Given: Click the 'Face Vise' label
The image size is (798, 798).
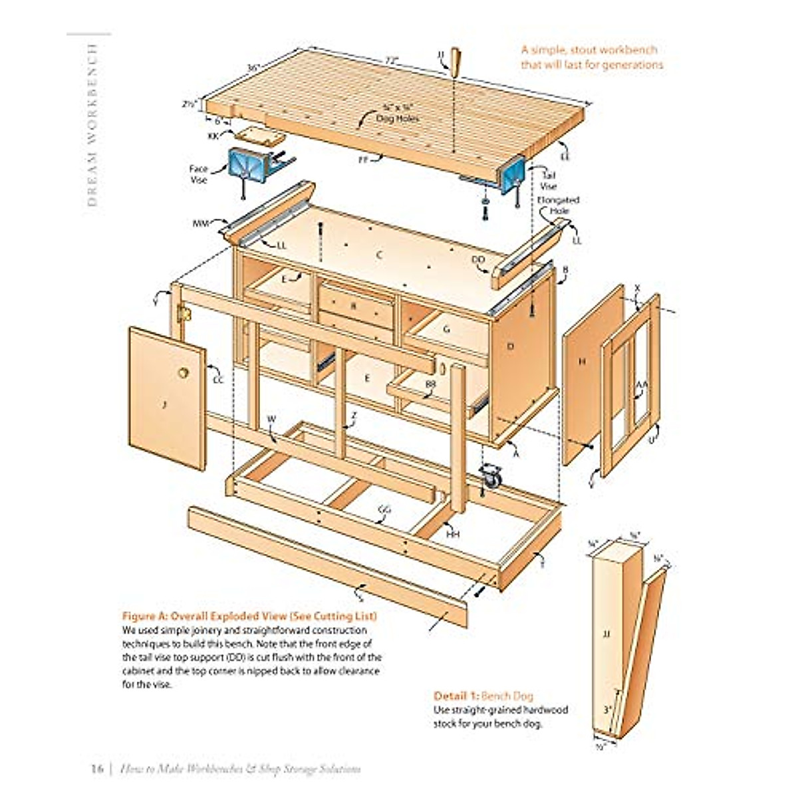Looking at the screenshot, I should point(199,174).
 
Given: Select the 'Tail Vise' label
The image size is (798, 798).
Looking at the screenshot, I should point(549,182).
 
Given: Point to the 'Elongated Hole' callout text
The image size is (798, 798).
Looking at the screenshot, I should point(559,205).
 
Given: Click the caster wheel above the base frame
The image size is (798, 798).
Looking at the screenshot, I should point(491,477).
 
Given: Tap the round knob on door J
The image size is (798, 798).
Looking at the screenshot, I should point(183,372).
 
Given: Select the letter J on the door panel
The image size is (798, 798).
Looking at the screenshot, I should point(164,406).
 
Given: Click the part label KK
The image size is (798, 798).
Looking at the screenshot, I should point(213,136).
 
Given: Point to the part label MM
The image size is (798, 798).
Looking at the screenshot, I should point(201,224).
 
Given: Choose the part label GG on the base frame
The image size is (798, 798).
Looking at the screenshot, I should point(384,510).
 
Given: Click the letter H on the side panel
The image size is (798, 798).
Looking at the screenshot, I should point(583,362).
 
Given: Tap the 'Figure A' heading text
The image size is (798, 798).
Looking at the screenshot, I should point(249,616).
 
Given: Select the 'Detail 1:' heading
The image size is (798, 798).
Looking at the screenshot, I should point(456,696).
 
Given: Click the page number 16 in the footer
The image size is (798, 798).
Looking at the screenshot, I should point(96,769).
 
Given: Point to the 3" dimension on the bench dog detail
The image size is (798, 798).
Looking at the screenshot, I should point(607,710).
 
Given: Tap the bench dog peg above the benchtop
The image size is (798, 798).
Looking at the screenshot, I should point(456,61).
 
